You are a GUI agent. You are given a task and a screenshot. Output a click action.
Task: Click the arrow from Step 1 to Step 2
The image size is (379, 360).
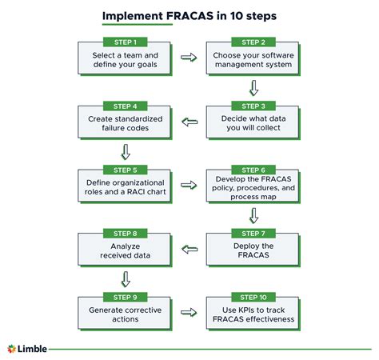[189, 58]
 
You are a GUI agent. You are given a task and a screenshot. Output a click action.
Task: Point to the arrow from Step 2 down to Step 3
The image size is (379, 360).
[253, 87]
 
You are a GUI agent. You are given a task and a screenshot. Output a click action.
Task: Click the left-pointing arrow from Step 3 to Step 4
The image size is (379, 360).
[189, 122]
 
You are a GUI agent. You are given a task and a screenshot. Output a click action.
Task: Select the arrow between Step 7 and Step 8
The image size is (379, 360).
[189, 250]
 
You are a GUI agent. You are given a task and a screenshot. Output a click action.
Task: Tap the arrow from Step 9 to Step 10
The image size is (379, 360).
[189, 314]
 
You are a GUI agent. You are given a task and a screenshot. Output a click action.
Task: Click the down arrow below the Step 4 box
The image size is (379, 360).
[125, 151]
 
